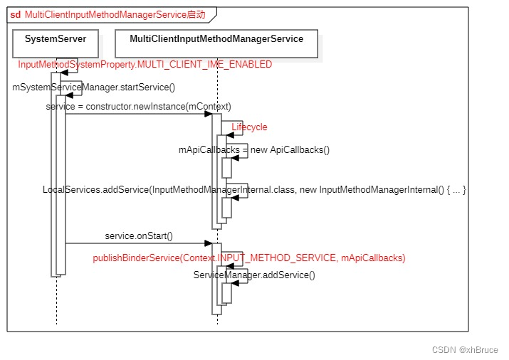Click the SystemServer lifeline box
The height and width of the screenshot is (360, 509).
[x=56, y=39]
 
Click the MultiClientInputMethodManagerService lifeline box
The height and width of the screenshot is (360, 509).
[x=216, y=39]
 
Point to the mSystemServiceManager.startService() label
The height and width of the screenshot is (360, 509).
[x=93, y=88]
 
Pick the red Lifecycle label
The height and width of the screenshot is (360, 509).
[x=249, y=127]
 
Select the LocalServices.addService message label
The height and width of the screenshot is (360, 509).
[x=254, y=190]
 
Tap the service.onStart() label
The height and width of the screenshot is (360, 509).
[x=139, y=235]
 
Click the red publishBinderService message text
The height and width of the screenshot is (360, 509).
[x=249, y=258]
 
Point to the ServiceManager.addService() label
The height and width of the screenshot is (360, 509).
[x=254, y=275]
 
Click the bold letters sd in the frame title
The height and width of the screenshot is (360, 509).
[x=15, y=14]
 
